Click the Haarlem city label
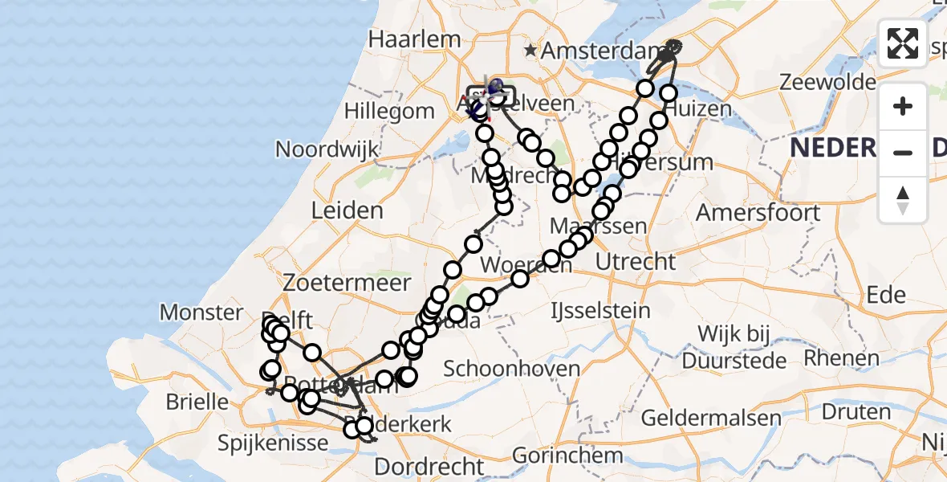[x=414, y=39]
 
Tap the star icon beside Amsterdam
[x=530, y=51]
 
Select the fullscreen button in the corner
[x=903, y=43]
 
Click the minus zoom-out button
[x=903, y=152]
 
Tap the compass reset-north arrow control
[x=903, y=199]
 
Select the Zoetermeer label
[x=347, y=283]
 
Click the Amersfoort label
[x=758, y=213]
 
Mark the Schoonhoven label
[x=511, y=369]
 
